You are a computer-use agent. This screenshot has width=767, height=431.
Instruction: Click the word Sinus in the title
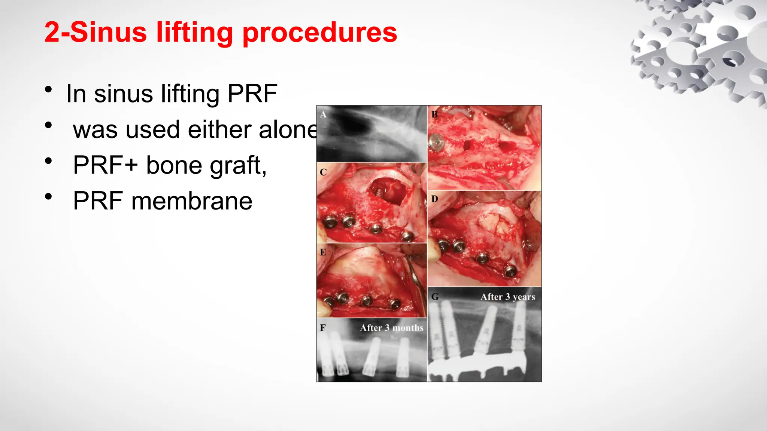108,32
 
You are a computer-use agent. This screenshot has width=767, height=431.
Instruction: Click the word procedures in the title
320,33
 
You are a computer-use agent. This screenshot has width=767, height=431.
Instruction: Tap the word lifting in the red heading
194,33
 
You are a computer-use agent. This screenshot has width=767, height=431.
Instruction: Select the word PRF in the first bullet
252,94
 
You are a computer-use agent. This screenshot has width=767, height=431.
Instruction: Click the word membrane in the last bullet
192,201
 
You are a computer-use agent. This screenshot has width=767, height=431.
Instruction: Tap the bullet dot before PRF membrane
48,196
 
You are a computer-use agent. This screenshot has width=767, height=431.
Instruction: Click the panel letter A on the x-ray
323,114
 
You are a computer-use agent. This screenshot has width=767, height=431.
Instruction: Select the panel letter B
434,114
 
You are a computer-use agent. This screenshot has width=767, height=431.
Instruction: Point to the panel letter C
323,172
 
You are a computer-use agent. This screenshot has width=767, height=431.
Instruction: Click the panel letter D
434,199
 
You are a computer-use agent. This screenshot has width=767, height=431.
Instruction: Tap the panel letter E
323,252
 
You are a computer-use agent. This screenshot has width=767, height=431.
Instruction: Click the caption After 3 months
391,328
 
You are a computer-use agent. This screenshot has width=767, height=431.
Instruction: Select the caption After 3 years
507,297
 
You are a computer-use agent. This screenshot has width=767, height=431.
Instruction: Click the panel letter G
435,297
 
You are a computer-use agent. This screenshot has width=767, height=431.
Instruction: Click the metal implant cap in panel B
436,143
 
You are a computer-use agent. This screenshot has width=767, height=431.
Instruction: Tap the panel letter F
323,328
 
